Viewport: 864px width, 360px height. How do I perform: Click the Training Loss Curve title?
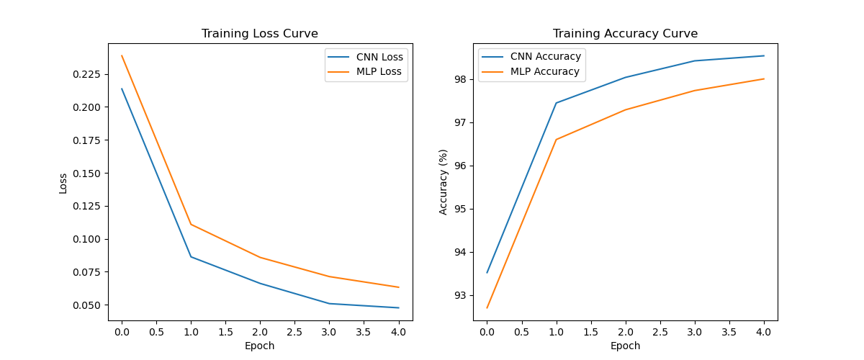pos(259,34)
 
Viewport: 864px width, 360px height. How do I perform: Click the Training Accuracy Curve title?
pos(625,34)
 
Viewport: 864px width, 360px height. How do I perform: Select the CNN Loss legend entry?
pos(379,57)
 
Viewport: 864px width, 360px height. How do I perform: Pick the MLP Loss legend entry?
pos(379,72)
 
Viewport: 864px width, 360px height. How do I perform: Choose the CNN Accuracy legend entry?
pos(544,57)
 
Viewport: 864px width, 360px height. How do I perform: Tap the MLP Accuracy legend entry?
pos(544,72)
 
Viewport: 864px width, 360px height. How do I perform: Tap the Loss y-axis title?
pos(63,183)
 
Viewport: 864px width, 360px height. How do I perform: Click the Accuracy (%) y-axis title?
pos(444,181)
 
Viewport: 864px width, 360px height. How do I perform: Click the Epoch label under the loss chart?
pos(259,346)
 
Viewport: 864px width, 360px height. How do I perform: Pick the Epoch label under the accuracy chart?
pos(625,346)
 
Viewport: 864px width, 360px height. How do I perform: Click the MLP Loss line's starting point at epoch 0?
pos(122,55)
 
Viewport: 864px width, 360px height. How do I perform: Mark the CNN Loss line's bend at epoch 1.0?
pos(191,256)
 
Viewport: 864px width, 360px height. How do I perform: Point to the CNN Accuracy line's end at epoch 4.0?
pos(764,55)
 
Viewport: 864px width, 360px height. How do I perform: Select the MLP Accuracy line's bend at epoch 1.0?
pos(556,139)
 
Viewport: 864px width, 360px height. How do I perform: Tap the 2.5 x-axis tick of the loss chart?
pos(294,332)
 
